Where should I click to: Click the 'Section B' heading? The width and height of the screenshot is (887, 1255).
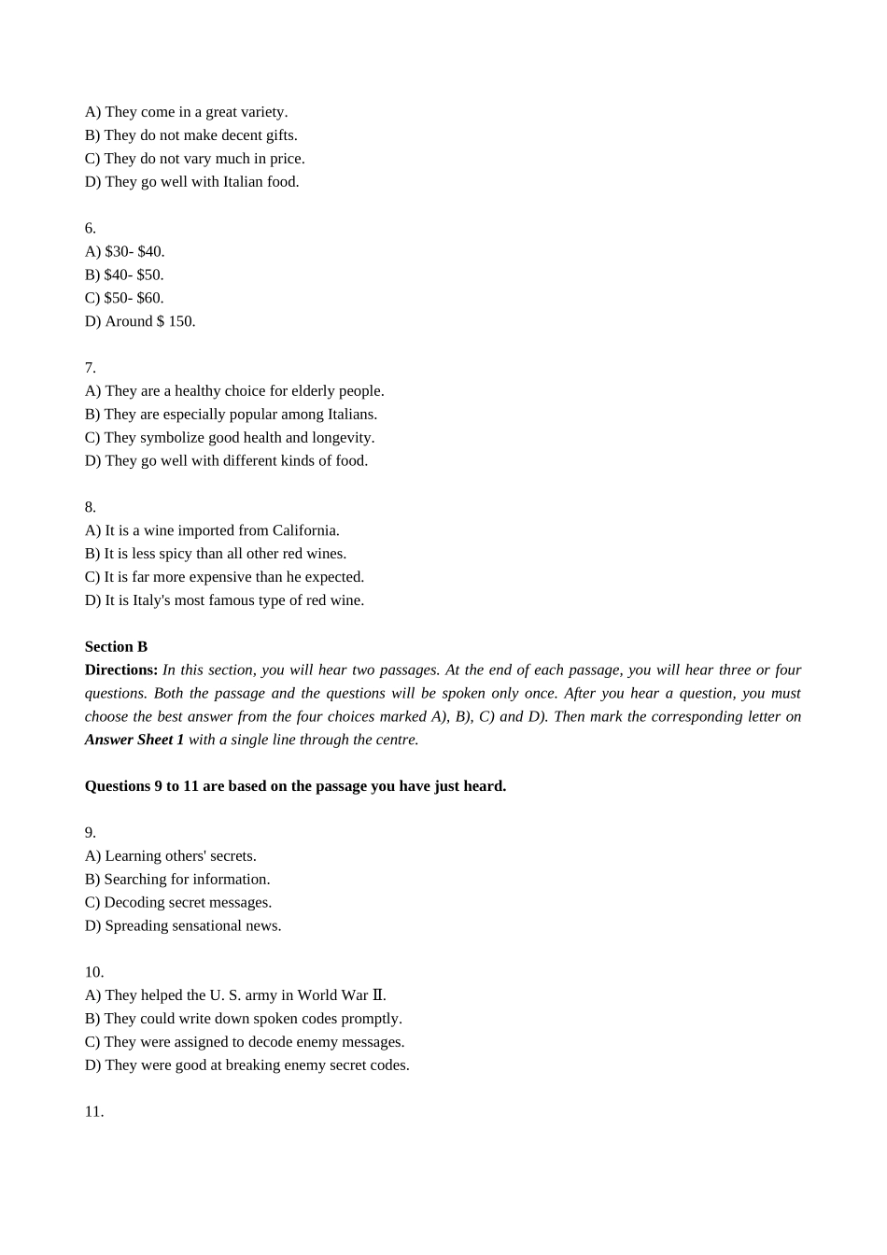pos(116,646)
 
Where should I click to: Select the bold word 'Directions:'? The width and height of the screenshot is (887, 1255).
pos(121,670)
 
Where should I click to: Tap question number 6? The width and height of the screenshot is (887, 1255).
pos(90,228)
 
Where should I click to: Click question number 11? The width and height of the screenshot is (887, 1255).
pos(94,1111)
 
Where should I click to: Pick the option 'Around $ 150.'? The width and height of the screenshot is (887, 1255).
pos(140,321)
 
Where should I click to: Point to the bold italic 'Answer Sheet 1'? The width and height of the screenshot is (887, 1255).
pos(134,740)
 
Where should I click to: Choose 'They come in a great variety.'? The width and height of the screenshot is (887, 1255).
pos(187,112)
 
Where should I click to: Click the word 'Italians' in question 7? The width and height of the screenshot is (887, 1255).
pos(351,414)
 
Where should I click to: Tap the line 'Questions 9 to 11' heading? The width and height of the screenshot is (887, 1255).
pos(295,786)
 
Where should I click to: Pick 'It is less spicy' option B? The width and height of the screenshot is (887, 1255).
pos(216,554)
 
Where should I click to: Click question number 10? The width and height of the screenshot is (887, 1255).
pos(94,972)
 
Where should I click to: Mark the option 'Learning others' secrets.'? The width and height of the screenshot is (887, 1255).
pos(171,855)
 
